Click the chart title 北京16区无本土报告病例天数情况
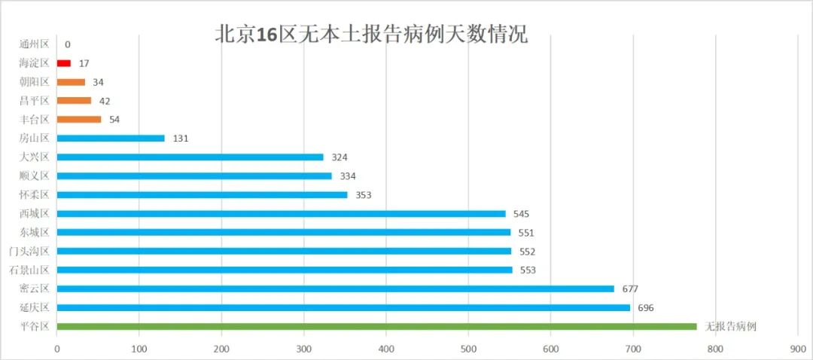pos(371,35)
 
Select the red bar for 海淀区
pos(64,63)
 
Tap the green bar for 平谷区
pos(376,326)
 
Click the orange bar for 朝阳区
pos(71,82)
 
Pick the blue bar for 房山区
pos(111,139)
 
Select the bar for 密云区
pos(335,288)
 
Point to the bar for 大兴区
pos(190,157)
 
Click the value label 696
pos(647,308)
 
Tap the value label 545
pos(522,214)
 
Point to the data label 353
pos(364,195)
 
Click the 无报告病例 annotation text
pos(730,327)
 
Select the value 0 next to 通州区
pos(68,45)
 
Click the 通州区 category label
pos(34,44)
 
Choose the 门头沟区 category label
pos(29,251)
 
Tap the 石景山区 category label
pos(29,270)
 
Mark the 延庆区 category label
pos(34,307)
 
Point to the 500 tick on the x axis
pos(468,349)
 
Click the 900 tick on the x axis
pos(797,349)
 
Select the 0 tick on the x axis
pos(57,349)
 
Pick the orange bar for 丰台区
pos(79,120)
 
